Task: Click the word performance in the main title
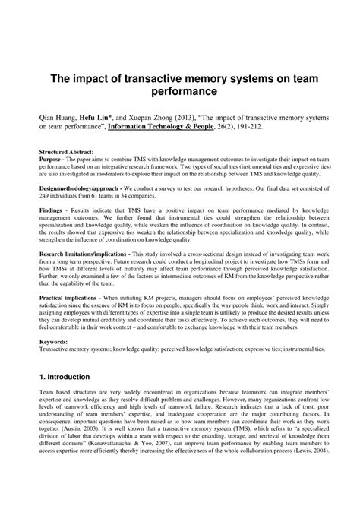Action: point(180,92)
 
